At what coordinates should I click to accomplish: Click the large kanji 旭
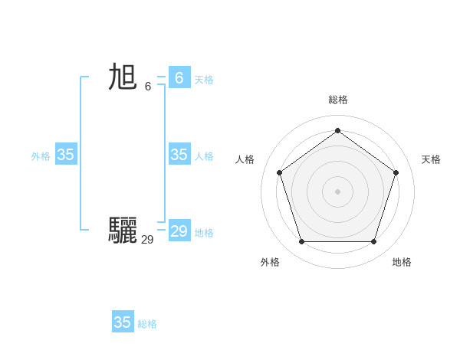(123, 77)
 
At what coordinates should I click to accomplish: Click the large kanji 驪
(123, 230)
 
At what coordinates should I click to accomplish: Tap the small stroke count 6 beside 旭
(148, 86)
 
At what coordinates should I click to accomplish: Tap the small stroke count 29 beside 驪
(147, 240)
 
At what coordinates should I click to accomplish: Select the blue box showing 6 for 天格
(179, 77)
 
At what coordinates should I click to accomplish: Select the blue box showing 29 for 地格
(179, 231)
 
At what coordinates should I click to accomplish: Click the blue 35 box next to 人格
(179, 155)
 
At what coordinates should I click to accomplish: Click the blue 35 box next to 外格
(66, 155)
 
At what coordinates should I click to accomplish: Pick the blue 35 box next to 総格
(123, 322)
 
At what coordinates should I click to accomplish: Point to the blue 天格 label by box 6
(204, 80)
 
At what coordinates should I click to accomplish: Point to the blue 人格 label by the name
(204, 156)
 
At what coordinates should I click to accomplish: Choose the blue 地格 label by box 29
(204, 233)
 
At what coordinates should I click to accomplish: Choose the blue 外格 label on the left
(41, 156)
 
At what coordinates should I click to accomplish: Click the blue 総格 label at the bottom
(147, 324)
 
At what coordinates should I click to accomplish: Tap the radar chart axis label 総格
(338, 100)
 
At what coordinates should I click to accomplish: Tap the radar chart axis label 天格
(431, 159)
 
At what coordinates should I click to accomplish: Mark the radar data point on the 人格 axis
(279, 172)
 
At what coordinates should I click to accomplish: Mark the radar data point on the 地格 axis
(373, 241)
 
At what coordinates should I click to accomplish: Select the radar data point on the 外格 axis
(301, 241)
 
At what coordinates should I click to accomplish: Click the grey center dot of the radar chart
(337, 191)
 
